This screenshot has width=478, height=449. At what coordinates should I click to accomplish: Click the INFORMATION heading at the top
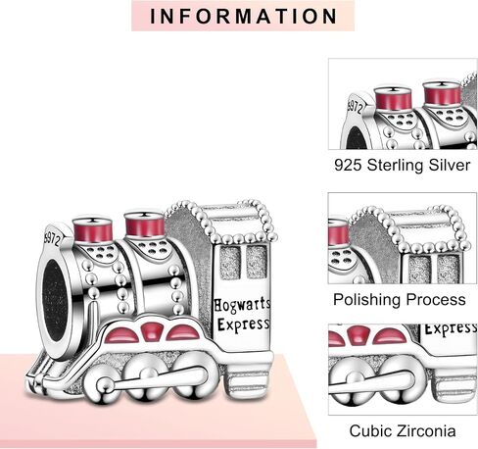pyautogui.click(x=243, y=17)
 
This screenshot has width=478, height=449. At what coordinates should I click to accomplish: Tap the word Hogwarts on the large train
pyautogui.click(x=242, y=306)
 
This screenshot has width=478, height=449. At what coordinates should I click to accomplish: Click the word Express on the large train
pyautogui.click(x=244, y=324)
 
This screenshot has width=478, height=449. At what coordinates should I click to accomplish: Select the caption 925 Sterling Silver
pyautogui.click(x=402, y=165)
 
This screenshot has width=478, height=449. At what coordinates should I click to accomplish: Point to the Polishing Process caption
pyautogui.click(x=400, y=300)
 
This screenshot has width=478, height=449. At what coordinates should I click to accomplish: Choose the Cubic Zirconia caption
pyautogui.click(x=403, y=430)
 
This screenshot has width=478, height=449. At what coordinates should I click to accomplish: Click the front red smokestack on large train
pyautogui.click(x=92, y=228)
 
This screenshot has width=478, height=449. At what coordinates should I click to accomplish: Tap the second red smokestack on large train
pyautogui.click(x=144, y=224)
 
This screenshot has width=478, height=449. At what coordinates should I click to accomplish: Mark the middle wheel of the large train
pyautogui.click(x=146, y=375)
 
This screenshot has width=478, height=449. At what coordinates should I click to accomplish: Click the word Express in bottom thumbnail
pyautogui.click(x=451, y=328)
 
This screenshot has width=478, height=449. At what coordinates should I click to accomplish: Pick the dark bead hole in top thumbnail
pyautogui.click(x=355, y=139)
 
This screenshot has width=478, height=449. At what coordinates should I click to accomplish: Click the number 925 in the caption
pyautogui.click(x=348, y=165)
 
